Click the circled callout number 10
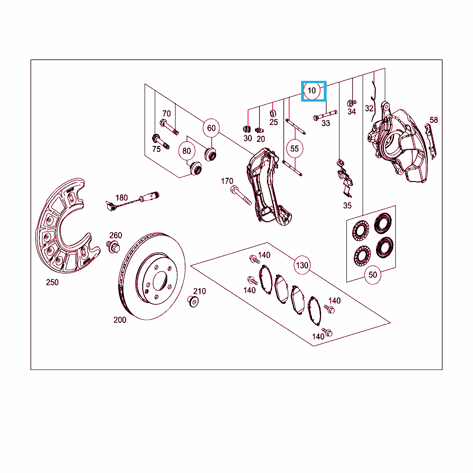click(312, 91)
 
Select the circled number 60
click(211, 128)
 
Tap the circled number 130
click(302, 265)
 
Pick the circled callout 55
click(294, 149)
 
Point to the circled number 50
click(373, 275)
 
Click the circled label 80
click(187, 151)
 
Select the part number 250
click(52, 282)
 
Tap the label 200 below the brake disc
click(120, 320)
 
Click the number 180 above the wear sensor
click(121, 198)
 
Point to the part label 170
click(227, 181)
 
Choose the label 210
click(200, 291)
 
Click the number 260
click(115, 235)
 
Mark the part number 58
click(434, 120)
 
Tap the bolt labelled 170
click(241, 195)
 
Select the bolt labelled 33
click(325, 115)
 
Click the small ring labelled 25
click(273, 114)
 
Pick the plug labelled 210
click(193, 301)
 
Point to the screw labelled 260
click(113, 247)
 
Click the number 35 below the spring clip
click(347, 206)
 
